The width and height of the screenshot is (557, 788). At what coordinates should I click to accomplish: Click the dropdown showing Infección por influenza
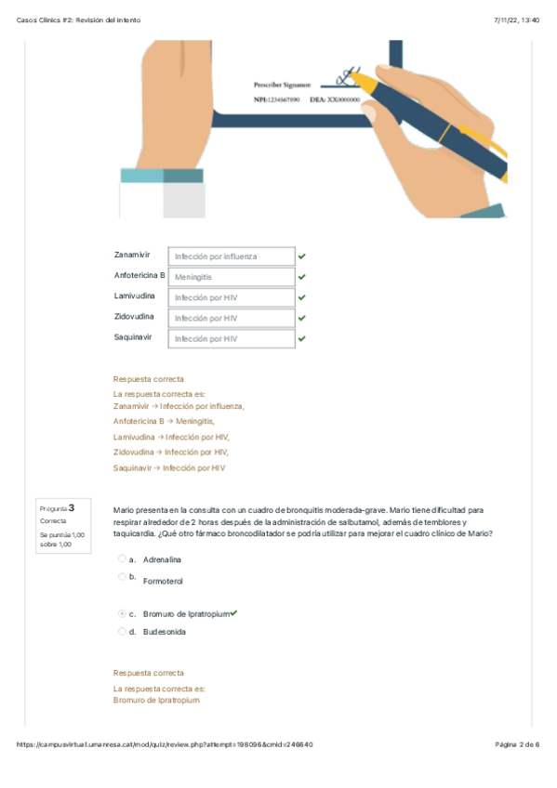coord(232,256)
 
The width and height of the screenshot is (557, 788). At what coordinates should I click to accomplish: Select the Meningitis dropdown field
coord(232,277)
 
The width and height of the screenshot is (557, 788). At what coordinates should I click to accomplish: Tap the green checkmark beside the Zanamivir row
coord(301,256)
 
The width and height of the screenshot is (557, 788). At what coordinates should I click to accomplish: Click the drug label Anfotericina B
coord(139,275)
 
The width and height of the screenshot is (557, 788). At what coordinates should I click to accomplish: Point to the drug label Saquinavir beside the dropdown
coord(133,337)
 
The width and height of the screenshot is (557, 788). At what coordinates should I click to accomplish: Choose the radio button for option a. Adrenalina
coord(122,558)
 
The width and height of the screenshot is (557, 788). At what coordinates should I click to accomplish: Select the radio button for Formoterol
coord(122,576)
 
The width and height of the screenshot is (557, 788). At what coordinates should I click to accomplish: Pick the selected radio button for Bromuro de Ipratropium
coord(122,613)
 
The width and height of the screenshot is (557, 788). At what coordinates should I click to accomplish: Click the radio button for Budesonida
coord(122,631)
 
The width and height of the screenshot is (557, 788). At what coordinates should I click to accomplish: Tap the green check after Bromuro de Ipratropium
coord(233,613)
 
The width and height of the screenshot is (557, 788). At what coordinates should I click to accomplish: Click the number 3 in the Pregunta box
coord(72,508)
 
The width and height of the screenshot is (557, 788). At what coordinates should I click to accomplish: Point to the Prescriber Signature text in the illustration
coord(282,85)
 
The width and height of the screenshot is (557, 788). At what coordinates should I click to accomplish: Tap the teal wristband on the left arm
coord(162,176)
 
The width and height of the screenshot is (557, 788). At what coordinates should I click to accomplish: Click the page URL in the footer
coord(165,744)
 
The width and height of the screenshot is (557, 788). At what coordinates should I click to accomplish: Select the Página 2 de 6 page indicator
coord(517,744)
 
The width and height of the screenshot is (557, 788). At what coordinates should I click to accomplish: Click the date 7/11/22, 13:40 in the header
coord(517,20)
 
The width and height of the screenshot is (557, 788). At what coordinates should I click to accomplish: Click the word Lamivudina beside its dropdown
coord(134,296)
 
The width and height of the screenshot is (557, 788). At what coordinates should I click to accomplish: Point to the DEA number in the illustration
coord(335,99)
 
